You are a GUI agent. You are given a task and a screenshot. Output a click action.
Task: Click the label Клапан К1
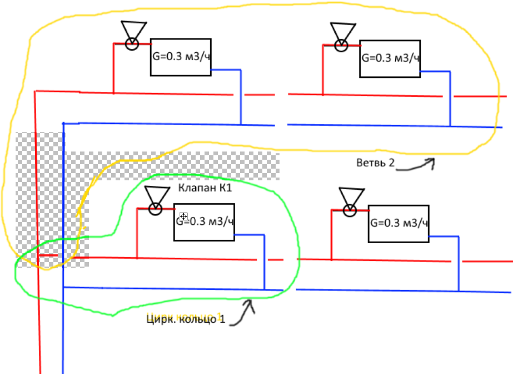tap(205, 189)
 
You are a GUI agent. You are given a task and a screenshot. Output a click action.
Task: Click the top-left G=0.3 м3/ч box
tap(181, 57)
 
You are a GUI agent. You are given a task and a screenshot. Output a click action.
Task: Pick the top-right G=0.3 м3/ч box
tap(390, 58)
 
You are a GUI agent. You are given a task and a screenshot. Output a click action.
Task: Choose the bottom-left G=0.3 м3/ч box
tap(204, 221)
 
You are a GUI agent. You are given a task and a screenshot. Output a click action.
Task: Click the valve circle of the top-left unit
tap(132, 43)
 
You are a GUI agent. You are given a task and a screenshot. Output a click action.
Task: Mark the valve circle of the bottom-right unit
tap(350, 210)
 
